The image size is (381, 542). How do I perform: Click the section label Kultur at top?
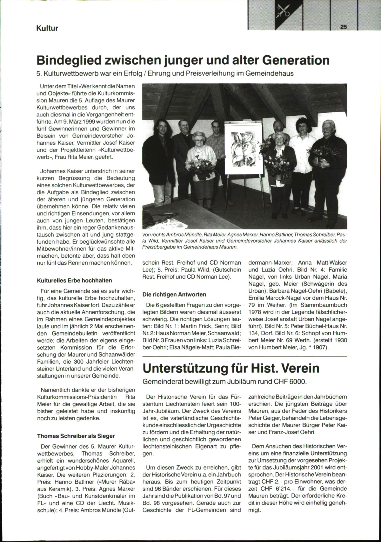click(47, 28)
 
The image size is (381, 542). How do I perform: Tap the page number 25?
click(343, 27)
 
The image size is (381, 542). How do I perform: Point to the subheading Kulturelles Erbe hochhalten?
click(74, 281)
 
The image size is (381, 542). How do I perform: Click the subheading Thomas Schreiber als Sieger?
click(76, 436)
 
